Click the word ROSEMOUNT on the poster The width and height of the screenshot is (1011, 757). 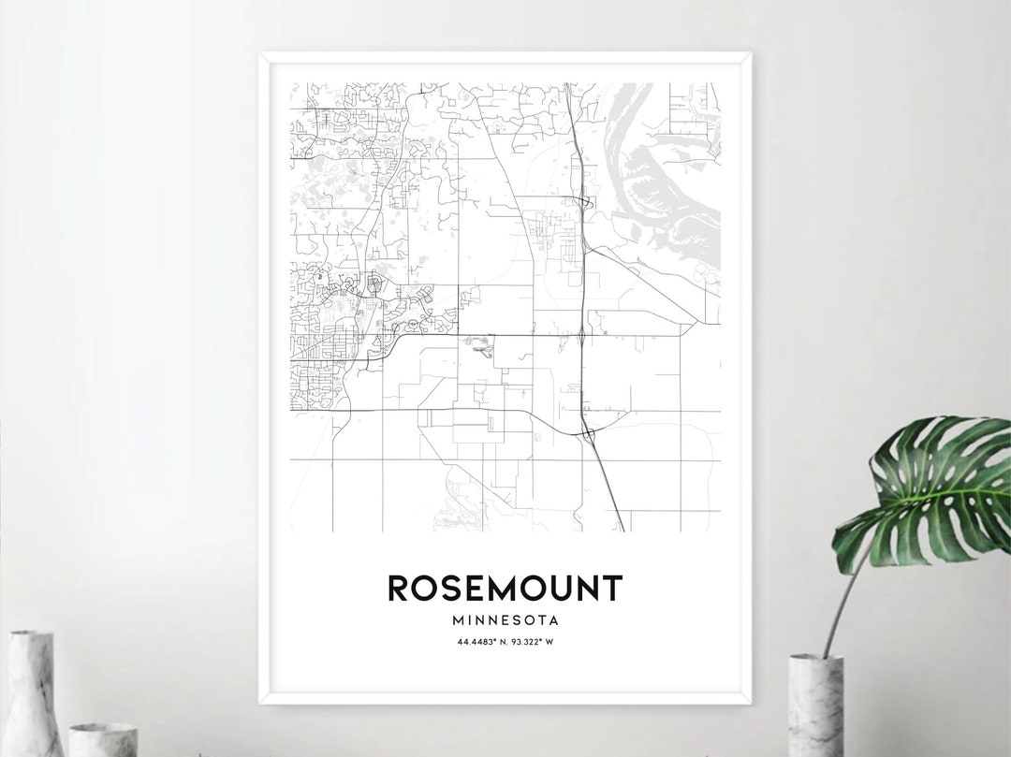pyautogui.click(x=505, y=589)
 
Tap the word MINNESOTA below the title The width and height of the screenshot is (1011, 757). pyautogui.click(x=505, y=619)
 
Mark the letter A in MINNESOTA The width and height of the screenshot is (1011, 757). pyautogui.click(x=555, y=619)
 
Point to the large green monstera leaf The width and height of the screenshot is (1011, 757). pyautogui.click(x=927, y=491)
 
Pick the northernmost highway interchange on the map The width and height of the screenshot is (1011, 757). pyautogui.click(x=582, y=201)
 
